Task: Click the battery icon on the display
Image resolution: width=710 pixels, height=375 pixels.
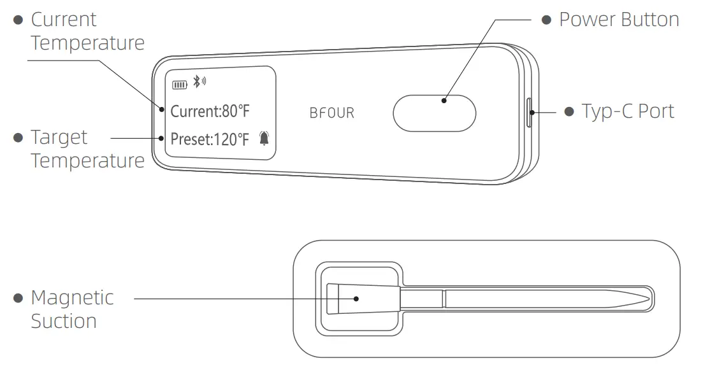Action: tap(179, 83)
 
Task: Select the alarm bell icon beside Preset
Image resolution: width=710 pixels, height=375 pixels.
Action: tap(264, 138)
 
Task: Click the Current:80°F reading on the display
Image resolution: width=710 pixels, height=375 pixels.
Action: tap(210, 111)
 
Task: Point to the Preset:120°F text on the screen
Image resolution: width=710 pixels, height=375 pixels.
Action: tap(210, 139)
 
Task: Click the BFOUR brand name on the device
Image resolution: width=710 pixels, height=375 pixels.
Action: tap(331, 113)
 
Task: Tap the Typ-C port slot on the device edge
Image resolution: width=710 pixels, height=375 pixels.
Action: tap(528, 113)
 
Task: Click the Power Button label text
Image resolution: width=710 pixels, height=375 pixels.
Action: tap(618, 20)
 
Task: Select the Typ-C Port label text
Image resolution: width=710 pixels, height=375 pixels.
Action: tap(627, 111)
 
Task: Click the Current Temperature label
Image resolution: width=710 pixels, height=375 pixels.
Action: tap(87, 31)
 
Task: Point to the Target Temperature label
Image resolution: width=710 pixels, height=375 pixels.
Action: tap(87, 149)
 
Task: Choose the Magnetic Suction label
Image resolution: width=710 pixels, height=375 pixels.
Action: tap(72, 309)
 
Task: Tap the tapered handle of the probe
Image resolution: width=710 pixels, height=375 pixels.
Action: tap(363, 298)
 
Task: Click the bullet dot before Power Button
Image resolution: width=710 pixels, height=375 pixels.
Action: tap(546, 20)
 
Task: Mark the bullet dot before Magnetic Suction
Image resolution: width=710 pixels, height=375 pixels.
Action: tap(18, 298)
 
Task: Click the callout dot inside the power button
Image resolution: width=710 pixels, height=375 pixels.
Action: tap(444, 99)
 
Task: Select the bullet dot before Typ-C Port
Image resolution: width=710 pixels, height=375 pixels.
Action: tap(569, 111)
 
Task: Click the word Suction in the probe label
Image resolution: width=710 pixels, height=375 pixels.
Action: tap(64, 321)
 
